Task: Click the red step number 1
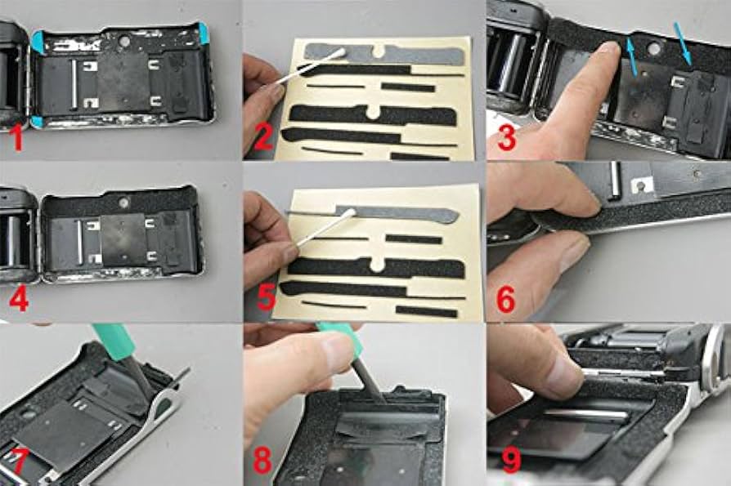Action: [x=18, y=138]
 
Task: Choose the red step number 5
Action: [x=267, y=297]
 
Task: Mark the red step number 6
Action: [x=506, y=298]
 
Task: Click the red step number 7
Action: [x=18, y=460]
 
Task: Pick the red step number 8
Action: [x=262, y=460]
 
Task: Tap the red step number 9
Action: [x=512, y=460]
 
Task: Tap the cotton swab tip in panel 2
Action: [x=339, y=54]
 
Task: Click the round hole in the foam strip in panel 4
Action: [x=123, y=203]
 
